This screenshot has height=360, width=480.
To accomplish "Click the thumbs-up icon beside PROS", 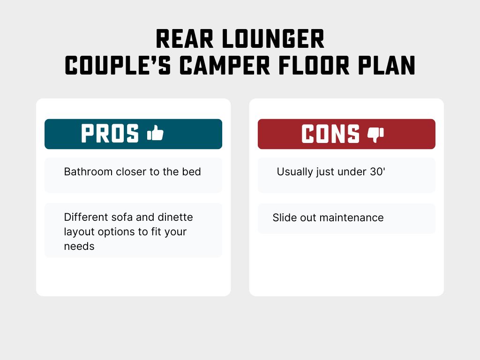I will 155,134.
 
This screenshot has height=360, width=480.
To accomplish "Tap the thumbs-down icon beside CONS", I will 375,135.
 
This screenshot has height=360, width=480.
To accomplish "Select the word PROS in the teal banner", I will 110,134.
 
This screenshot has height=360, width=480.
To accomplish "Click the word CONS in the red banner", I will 330,134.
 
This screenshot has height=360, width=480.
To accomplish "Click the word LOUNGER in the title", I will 273,40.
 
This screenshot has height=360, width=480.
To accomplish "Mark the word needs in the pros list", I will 79,247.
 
